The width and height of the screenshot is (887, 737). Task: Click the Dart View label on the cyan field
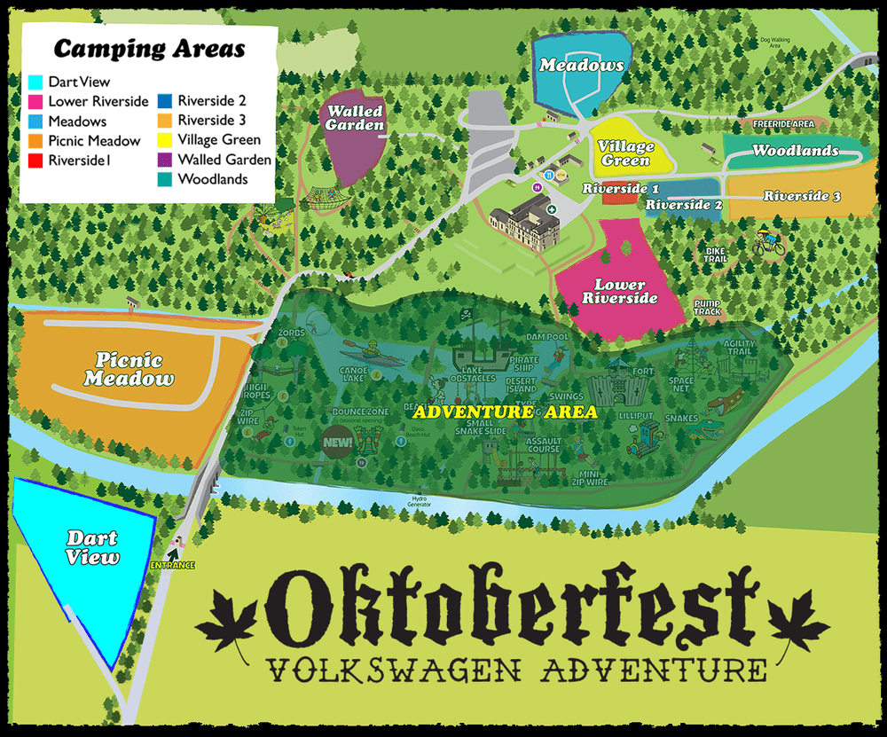[91, 548]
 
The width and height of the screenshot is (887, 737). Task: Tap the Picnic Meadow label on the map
[130, 370]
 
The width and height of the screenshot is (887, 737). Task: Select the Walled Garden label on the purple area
[355, 118]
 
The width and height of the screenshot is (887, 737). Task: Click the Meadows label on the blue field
[581, 66]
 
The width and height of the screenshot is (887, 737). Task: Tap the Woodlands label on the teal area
[795, 151]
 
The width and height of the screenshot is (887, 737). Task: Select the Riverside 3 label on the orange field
[802, 196]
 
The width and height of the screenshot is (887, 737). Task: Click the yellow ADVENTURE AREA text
[505, 412]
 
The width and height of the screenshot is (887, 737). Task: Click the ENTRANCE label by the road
[172, 565]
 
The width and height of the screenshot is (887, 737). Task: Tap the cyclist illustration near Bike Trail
[769, 242]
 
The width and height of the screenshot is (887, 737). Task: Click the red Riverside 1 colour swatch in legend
[36, 161]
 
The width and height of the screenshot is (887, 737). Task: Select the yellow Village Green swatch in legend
[166, 140]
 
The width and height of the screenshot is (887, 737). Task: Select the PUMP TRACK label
[707, 308]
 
